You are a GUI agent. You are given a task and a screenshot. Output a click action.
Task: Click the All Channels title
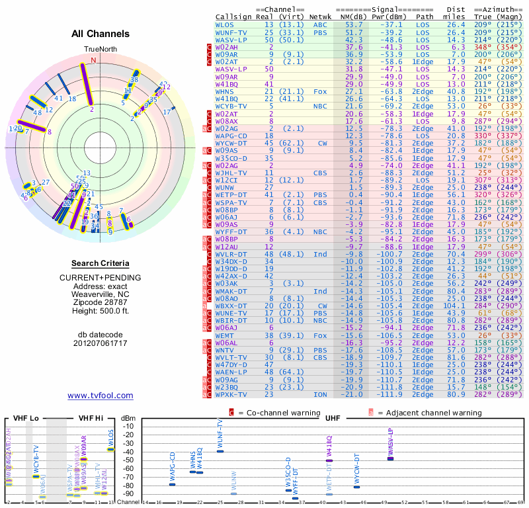click(x=101, y=34)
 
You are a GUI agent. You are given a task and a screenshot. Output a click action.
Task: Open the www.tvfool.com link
click(x=101, y=396)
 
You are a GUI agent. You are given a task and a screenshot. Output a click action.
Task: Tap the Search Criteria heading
click(x=101, y=263)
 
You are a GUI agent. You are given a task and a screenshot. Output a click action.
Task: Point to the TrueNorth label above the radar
click(x=99, y=50)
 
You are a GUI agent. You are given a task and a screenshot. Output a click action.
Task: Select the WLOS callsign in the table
click(x=225, y=24)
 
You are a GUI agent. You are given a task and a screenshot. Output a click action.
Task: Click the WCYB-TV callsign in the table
click(x=231, y=105)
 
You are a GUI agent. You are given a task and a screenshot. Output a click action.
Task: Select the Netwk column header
click(x=321, y=17)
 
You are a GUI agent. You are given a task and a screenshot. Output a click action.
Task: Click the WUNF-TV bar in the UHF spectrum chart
click(x=220, y=451)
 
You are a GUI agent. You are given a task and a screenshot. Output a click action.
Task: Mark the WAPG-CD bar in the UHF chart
click(x=173, y=484)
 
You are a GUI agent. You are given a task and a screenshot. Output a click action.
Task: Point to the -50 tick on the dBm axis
click(x=128, y=460)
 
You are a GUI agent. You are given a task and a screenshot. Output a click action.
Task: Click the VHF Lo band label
click(x=23, y=418)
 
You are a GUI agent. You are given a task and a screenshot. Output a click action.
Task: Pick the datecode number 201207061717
click(x=101, y=343)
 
